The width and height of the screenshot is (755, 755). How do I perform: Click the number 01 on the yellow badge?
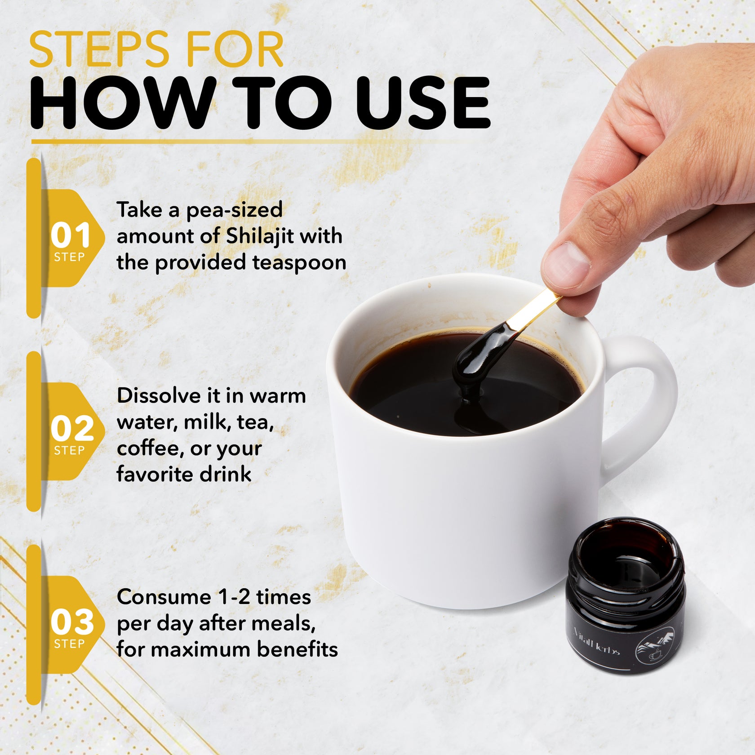(x=71, y=235)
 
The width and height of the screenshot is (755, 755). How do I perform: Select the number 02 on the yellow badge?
(x=72, y=429)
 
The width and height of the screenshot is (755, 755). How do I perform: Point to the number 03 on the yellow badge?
(x=72, y=622)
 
